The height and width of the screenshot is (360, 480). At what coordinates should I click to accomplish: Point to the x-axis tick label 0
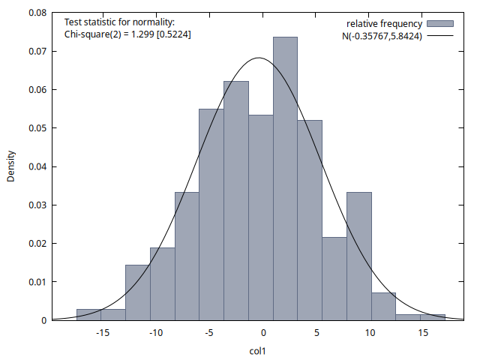coord(264,333)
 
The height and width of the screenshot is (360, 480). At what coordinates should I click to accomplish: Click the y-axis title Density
coord(11,166)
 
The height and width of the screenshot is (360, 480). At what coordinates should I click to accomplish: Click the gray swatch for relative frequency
coord(441,24)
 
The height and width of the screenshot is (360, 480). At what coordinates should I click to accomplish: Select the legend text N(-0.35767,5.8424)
coord(381,36)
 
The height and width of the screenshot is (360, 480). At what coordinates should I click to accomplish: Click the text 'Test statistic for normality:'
coord(120,23)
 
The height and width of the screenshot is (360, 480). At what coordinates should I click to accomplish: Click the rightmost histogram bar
coord(433,317)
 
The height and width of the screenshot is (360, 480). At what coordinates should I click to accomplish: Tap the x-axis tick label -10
coord(156,333)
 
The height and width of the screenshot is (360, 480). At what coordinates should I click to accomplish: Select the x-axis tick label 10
coord(371,333)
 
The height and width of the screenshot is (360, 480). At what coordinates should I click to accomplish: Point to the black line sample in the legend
coord(441,36)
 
